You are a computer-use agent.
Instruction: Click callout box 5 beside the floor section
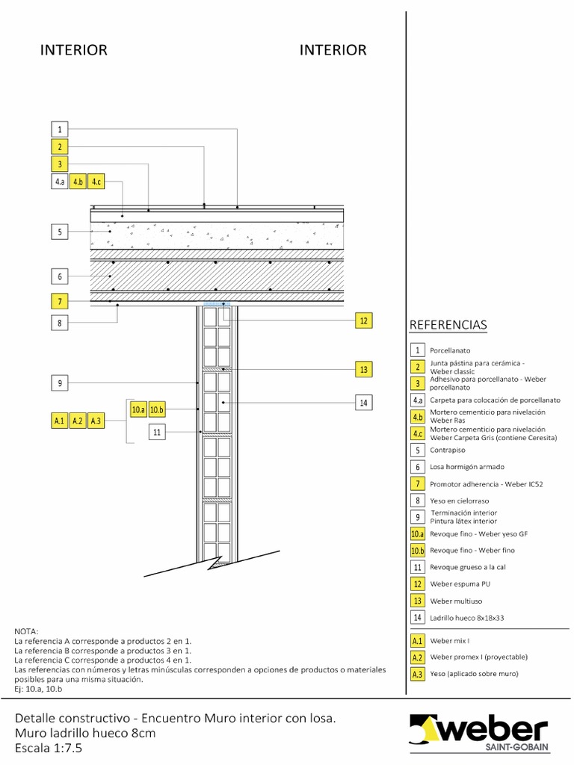[60, 232]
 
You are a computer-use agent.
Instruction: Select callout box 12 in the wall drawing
[363, 320]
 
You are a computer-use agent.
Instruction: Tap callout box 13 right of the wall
[363, 368]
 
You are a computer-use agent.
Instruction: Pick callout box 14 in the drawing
[363, 403]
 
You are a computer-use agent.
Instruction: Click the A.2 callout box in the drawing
[78, 421]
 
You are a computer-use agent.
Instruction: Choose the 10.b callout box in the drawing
[156, 409]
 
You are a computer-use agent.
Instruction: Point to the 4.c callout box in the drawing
[96, 182]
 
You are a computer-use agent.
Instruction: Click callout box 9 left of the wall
[60, 383]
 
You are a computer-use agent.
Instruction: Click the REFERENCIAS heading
[448, 324]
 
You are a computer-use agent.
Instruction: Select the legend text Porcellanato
[450, 350]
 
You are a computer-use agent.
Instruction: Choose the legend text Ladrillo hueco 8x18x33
[467, 618]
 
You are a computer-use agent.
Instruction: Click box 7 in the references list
[418, 484]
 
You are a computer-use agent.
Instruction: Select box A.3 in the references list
[418, 674]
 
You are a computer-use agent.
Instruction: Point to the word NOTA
[26, 631]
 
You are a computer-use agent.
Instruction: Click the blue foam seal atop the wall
[216, 304]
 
